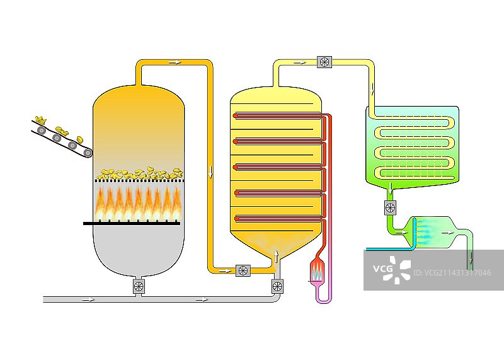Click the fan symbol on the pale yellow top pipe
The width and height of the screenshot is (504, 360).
(324, 62)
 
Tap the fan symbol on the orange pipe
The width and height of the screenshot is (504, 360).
(243, 270)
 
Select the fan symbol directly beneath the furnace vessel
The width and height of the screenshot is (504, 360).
(139, 287)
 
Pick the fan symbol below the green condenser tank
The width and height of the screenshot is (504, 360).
(390, 207)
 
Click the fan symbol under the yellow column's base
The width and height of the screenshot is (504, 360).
(277, 286)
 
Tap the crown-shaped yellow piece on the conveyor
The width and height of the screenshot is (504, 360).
(42, 119)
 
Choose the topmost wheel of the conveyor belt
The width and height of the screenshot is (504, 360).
(42, 130)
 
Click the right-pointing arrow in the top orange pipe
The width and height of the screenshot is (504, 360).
(175, 62)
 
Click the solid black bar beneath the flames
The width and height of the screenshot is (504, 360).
(132, 223)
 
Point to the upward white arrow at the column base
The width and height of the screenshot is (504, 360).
(276, 255)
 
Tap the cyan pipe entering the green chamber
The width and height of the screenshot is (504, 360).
(387, 249)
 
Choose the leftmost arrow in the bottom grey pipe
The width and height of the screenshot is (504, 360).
(88, 299)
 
